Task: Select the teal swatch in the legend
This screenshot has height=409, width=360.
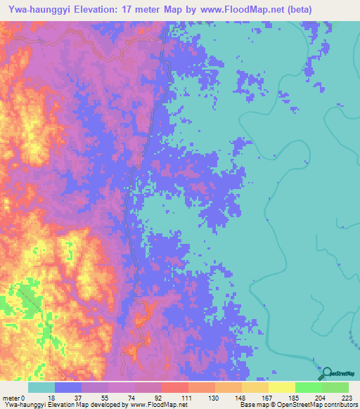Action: [41, 387]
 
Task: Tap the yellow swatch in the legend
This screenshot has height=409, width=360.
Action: [282, 387]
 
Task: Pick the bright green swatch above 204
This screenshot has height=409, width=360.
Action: [309, 387]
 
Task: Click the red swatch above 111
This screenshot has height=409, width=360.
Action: [175, 387]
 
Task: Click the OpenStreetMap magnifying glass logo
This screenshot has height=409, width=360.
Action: [326, 372]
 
